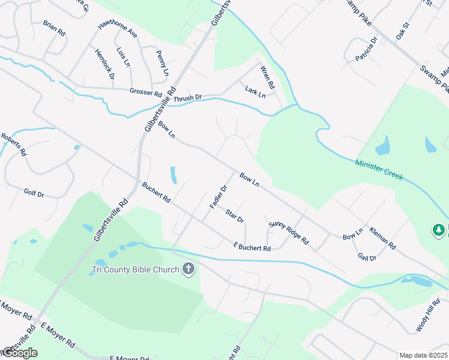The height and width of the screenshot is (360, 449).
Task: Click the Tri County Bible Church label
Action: click(135, 269)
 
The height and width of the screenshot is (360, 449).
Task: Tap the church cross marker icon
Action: click(189, 269)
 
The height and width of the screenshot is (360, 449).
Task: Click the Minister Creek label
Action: click(379, 170)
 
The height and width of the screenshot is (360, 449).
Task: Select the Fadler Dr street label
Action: click(218, 197)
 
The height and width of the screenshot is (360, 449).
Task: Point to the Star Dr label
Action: click(235, 216)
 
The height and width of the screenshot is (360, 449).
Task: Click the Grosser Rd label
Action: click(146, 93)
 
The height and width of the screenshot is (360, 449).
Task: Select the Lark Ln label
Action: click(255, 91)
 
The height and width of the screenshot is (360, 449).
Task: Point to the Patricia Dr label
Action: click(366, 49)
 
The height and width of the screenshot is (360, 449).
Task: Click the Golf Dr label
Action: click(34, 193)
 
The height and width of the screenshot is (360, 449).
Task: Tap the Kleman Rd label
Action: click(383, 238)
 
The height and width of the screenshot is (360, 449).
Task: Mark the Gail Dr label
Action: click(366, 257)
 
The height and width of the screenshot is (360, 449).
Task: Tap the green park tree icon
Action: click(439, 230)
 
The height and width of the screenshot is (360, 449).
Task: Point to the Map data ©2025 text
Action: click(424, 355)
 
